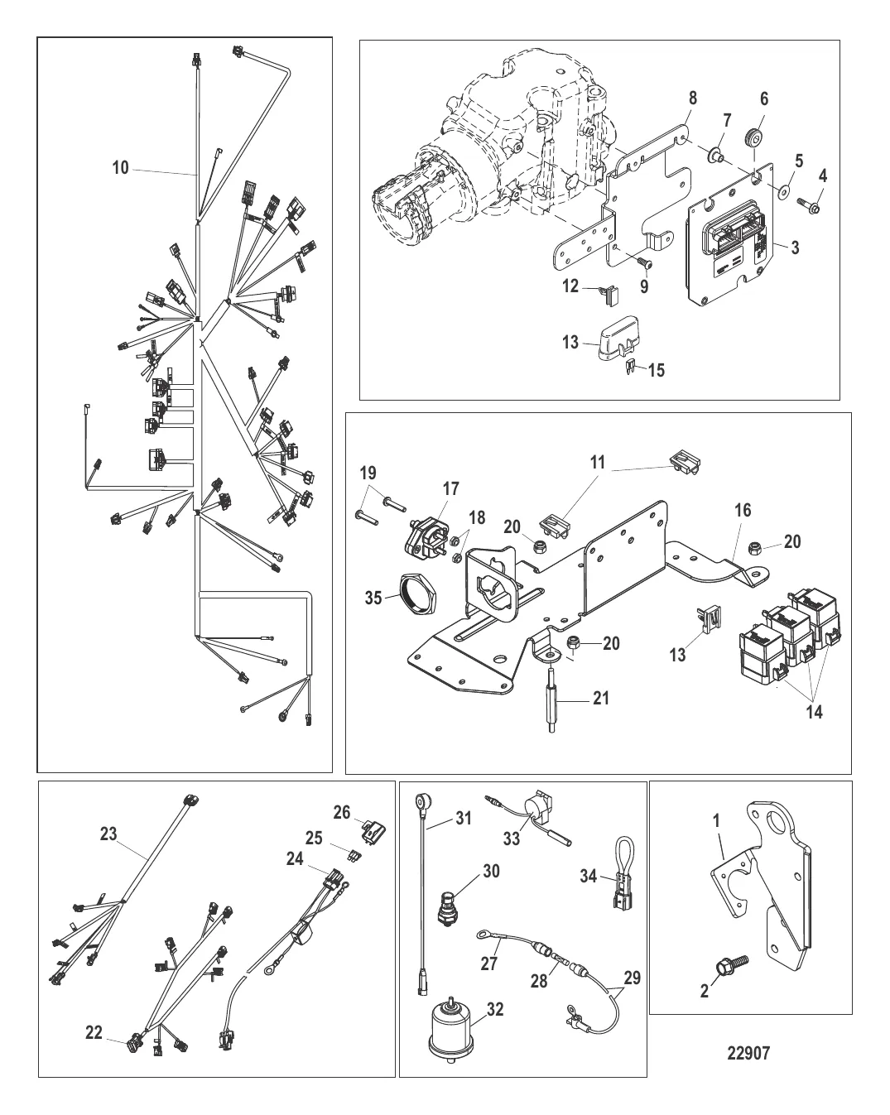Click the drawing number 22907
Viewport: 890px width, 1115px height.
point(748,1053)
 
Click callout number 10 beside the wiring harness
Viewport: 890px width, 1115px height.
point(121,168)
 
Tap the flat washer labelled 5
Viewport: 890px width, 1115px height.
point(782,192)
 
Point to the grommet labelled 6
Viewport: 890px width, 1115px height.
point(753,137)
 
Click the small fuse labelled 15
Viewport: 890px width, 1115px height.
point(628,367)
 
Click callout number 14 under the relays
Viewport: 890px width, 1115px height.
point(815,711)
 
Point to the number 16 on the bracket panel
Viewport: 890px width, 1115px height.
point(743,510)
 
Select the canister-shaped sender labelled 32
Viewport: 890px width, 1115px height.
point(455,1031)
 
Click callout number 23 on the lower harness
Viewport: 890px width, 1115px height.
point(108,834)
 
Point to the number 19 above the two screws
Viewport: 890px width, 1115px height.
point(368,473)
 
